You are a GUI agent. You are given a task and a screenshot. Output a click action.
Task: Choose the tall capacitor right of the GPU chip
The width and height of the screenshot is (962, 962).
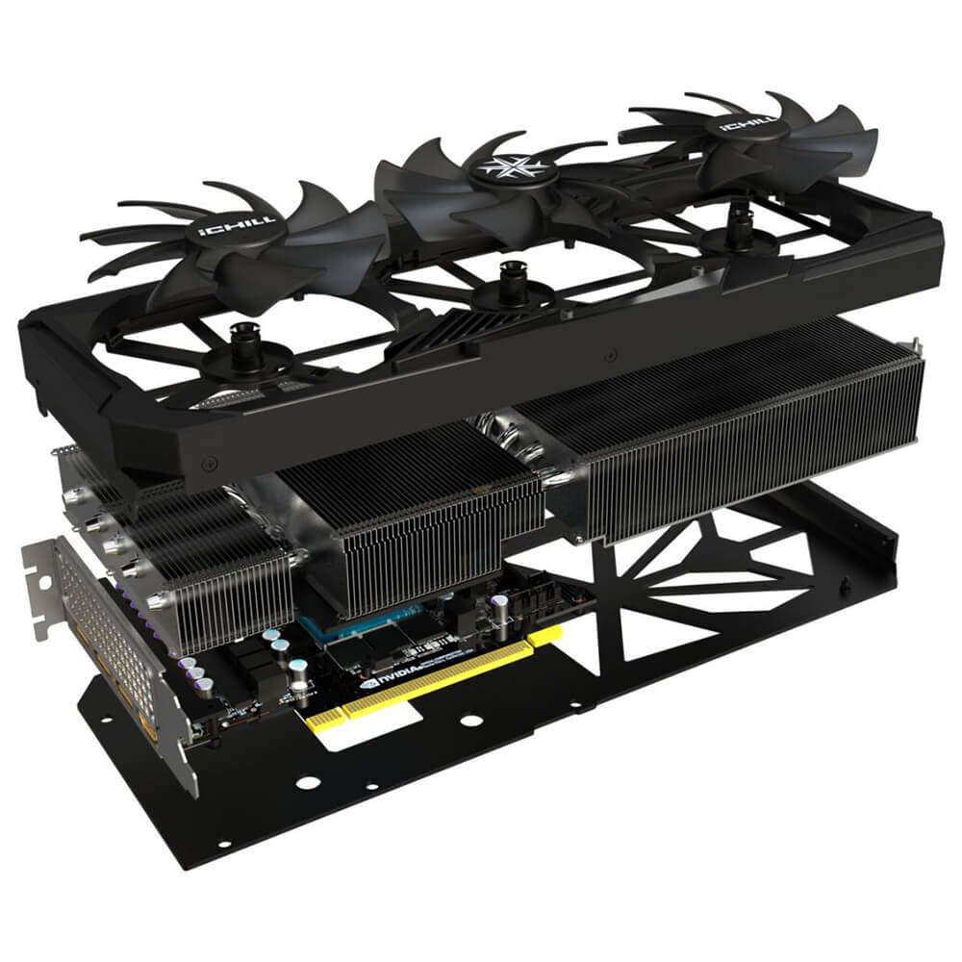point(500,608)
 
